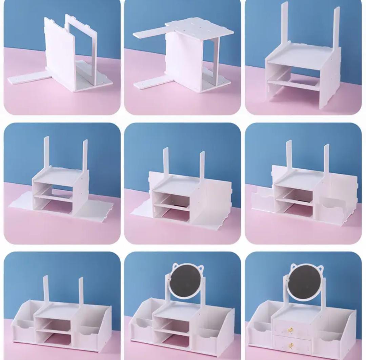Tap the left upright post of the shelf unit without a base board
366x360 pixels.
285,27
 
